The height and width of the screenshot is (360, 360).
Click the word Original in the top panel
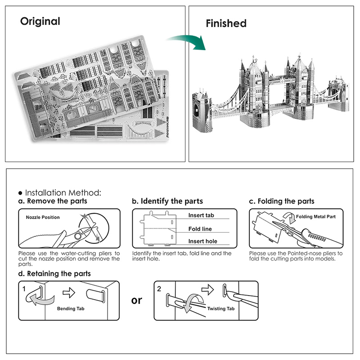(x=40, y=21)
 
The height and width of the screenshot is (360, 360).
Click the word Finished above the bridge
(x=226, y=23)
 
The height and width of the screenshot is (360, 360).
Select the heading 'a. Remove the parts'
(x=53, y=201)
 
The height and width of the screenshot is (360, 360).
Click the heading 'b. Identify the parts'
(x=167, y=201)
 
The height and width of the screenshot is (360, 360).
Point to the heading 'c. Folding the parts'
(x=282, y=201)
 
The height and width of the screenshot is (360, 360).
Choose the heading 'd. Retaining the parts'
(x=54, y=273)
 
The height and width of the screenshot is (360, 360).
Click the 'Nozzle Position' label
(x=43, y=217)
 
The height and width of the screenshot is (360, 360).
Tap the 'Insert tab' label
(x=201, y=216)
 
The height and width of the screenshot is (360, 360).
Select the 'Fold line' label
(x=200, y=229)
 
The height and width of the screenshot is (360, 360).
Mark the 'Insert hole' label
(x=202, y=241)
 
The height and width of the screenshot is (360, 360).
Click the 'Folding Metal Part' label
(x=316, y=217)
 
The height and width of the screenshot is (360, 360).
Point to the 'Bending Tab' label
(x=71, y=309)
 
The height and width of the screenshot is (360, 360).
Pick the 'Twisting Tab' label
(x=221, y=309)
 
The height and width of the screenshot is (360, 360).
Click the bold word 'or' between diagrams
(x=136, y=300)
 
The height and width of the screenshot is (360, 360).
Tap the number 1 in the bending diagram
(x=24, y=288)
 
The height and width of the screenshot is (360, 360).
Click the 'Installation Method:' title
(x=63, y=193)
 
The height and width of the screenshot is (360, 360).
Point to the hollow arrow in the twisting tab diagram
(x=207, y=288)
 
